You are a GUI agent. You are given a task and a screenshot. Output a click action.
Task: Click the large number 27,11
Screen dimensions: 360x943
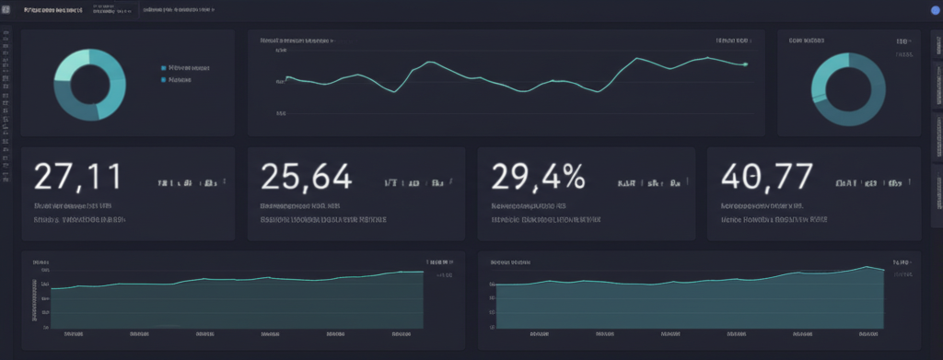tap(77, 176)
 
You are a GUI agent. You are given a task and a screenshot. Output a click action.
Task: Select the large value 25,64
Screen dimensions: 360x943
tap(306, 176)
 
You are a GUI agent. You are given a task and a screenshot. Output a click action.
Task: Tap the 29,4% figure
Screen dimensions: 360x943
tap(538, 176)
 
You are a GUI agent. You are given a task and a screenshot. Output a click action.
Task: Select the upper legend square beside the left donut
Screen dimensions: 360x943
tap(164, 67)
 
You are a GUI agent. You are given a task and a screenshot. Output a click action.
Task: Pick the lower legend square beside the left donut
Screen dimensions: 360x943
tap(164, 80)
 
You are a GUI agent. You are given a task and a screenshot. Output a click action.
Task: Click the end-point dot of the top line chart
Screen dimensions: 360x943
tap(745, 64)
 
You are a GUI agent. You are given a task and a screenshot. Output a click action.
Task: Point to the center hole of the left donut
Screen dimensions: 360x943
tap(89, 84)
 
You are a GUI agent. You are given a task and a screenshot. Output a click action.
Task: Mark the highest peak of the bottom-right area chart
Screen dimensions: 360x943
tap(867, 266)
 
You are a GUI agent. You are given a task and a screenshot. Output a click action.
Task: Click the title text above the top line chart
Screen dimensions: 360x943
tap(296, 41)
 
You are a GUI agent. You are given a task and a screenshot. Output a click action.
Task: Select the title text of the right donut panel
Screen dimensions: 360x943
tap(807, 41)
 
